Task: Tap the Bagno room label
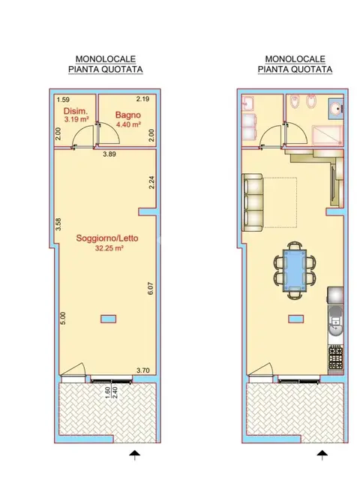coord(128,115)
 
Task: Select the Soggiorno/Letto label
coord(107,238)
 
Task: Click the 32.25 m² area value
coord(109,248)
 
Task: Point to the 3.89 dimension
coord(109,154)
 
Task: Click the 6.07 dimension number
coord(150,288)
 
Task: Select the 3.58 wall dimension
coord(58,224)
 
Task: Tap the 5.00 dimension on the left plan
coord(63,318)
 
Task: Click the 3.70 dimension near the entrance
coord(143,370)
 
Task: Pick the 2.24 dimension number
coord(151,182)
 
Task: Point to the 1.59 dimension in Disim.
coord(63,100)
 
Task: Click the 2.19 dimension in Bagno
coord(142,99)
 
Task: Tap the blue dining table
coord(295,270)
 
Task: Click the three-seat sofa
coord(253,202)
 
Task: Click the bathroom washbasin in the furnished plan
coord(337,108)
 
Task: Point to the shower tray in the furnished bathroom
coord(327,135)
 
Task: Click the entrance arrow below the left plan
coord(134,455)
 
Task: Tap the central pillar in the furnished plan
coord(296,319)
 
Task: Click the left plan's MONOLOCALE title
coord(106,58)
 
